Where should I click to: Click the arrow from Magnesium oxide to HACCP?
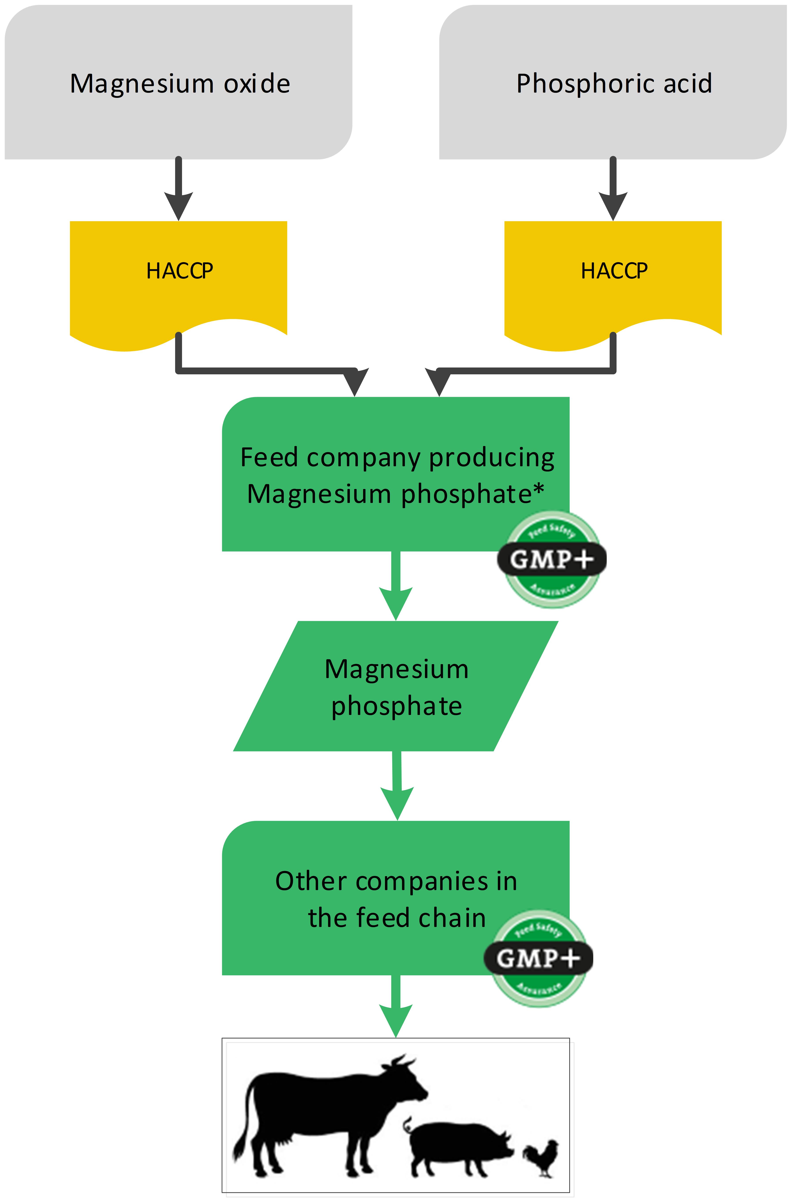pos(178,193)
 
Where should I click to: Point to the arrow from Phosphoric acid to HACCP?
pos(613,193)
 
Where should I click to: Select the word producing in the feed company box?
pos(491,458)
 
